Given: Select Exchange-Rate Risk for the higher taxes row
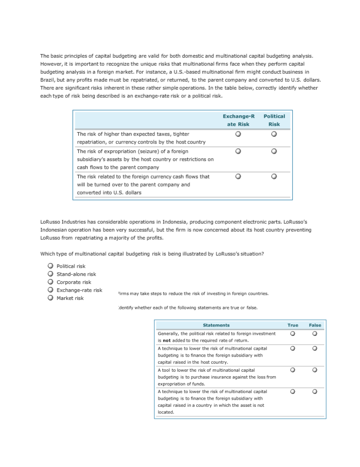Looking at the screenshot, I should [x=239, y=134].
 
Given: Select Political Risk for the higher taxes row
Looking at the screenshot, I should [x=274, y=134].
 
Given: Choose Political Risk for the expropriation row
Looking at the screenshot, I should [x=274, y=151].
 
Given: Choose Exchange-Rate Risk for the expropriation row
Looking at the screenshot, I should [x=239, y=151].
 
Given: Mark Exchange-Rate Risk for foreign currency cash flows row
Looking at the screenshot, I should [x=239, y=176].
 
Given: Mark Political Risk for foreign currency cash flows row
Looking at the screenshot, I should [x=274, y=176].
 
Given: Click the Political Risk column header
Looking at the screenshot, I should [x=274, y=120].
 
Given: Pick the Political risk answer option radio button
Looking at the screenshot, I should [x=51, y=266].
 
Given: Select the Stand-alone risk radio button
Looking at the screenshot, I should [x=51, y=274].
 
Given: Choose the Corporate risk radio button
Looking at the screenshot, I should [x=51, y=282].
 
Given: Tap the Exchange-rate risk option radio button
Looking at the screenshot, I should [x=51, y=290].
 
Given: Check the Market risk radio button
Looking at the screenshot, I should [x=51, y=298].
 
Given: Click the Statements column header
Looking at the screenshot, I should [x=216, y=325].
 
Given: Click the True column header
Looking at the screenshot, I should [x=293, y=325].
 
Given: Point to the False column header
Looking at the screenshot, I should [x=315, y=325].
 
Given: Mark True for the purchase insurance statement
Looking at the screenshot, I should [x=293, y=370].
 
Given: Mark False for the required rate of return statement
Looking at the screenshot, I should [x=315, y=333].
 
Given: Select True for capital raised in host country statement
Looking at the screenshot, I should [x=293, y=348].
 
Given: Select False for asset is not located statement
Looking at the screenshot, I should [x=315, y=391].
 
